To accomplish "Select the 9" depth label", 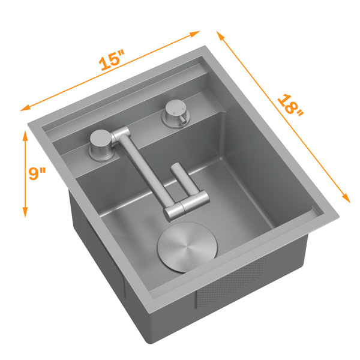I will click(x=37, y=173).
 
